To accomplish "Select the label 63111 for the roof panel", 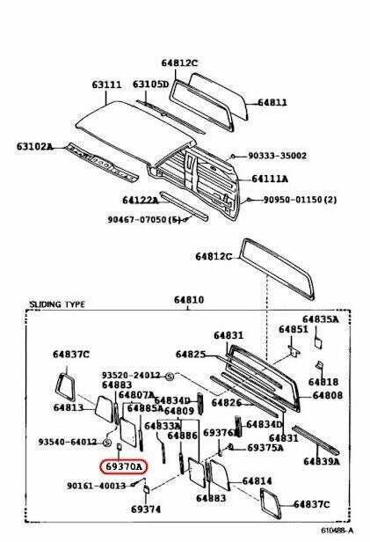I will tap(106, 85).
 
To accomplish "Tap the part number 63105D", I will tap(150, 84).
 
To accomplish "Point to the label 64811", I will tap(272, 103).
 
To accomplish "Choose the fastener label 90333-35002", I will tap(277, 156).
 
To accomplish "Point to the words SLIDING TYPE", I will tap(60, 304).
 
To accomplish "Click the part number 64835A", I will tap(321, 319).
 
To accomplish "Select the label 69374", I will tap(146, 509).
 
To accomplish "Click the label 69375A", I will tap(265, 448).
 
